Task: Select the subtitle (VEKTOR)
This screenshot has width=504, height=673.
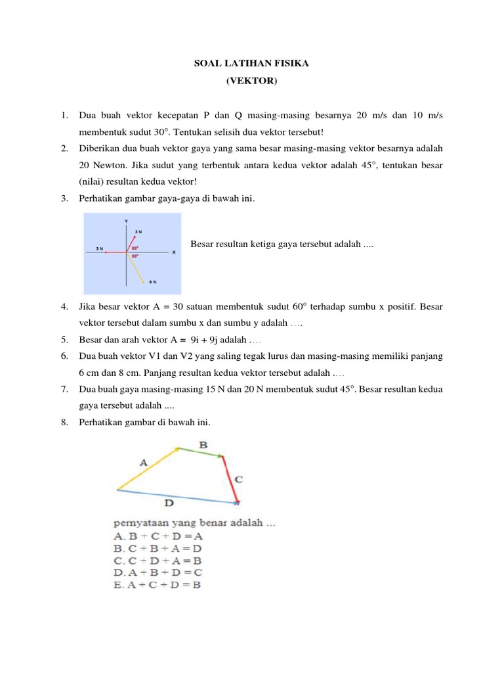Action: click(251, 81)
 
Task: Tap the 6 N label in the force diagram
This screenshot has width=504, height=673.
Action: click(152, 282)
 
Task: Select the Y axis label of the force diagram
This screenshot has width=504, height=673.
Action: click(126, 220)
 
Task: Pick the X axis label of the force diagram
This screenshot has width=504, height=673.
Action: click(173, 252)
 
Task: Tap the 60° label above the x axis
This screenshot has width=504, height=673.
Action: click(135, 248)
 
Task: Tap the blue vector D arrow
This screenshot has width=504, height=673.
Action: click(177, 496)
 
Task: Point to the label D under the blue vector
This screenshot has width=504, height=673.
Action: click(169, 505)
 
